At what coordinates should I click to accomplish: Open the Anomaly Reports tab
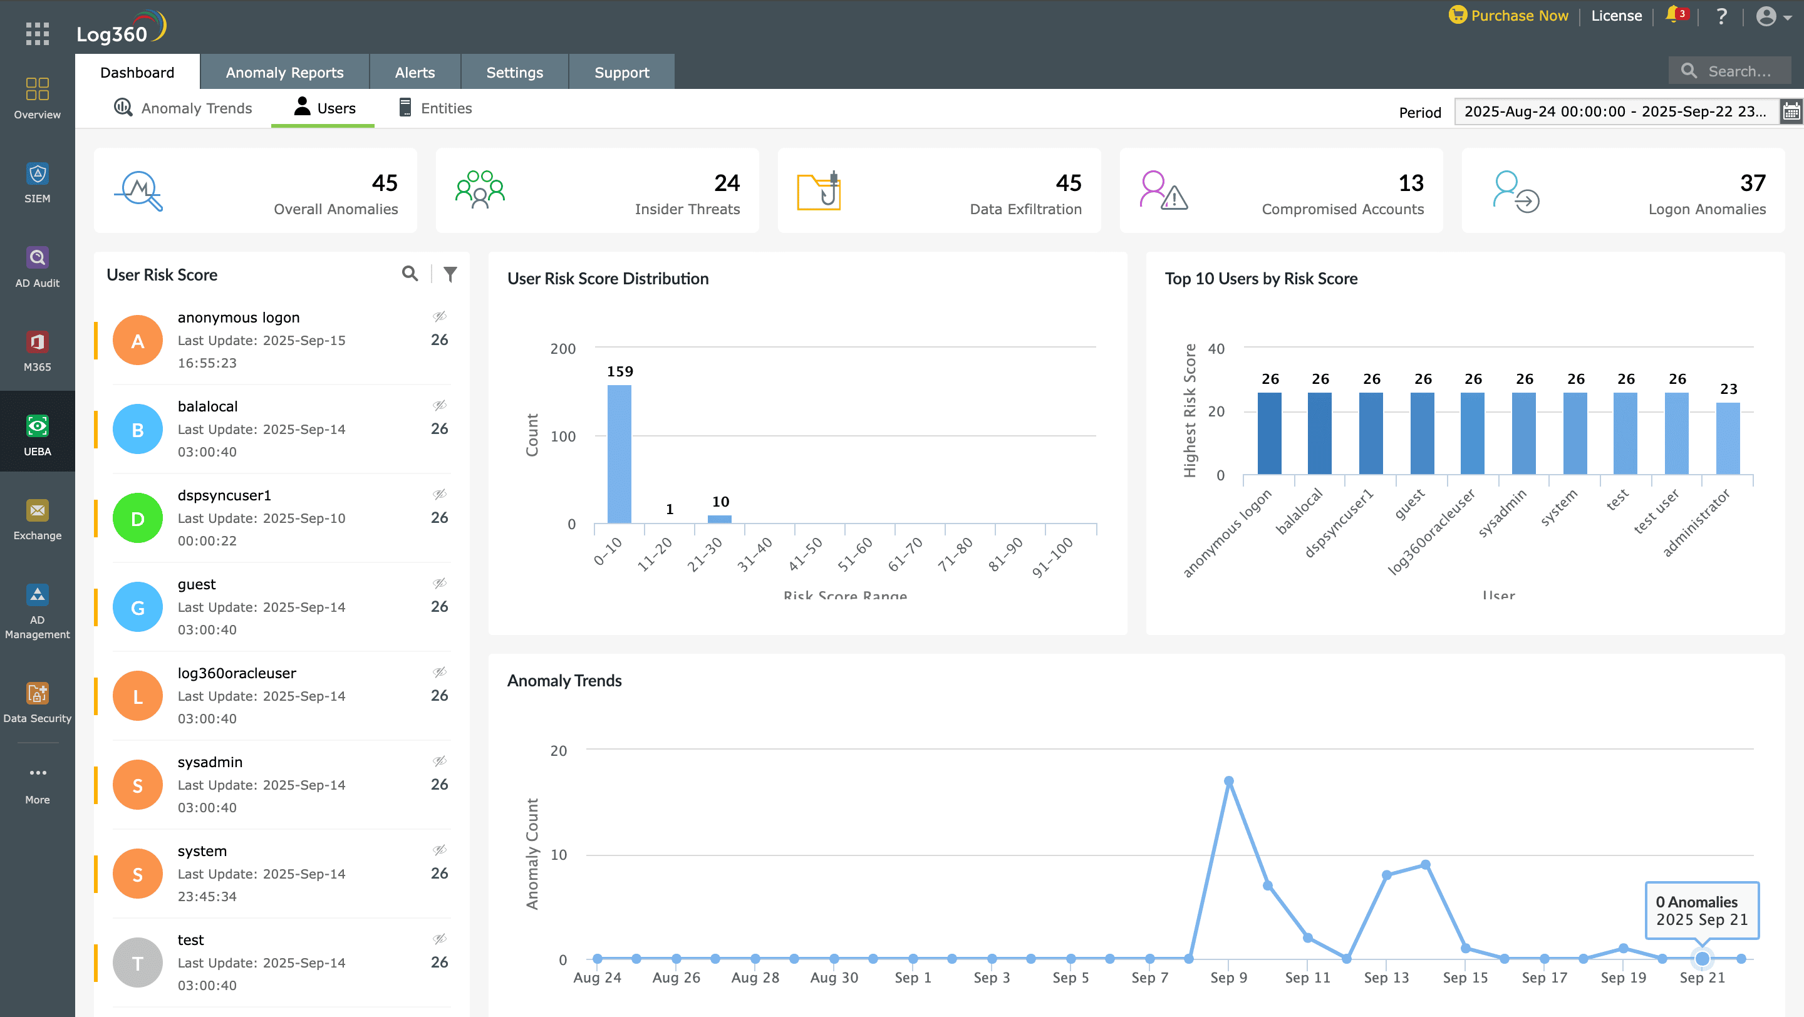pos(284,72)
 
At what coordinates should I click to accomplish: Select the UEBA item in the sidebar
pos(37,435)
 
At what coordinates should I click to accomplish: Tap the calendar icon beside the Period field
pos(1791,111)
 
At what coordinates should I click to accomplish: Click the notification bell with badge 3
pos(1674,14)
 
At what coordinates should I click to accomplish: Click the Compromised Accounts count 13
pos(1411,183)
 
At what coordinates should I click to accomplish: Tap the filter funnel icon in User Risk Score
pos(450,274)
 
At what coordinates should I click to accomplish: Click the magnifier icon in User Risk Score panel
pos(410,274)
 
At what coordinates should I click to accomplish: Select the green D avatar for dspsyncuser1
pos(138,518)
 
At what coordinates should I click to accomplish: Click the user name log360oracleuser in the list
pos(237,673)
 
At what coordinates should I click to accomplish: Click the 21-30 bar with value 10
pos(719,519)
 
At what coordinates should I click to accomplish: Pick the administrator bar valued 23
pos(1728,438)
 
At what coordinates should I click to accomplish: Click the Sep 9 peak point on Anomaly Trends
pos(1228,780)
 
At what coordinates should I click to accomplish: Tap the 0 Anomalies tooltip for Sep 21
pos(1701,910)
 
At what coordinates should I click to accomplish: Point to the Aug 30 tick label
pos(833,977)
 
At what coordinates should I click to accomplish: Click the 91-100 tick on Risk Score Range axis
pos(1052,557)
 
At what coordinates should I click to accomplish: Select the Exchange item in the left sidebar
pos(37,519)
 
